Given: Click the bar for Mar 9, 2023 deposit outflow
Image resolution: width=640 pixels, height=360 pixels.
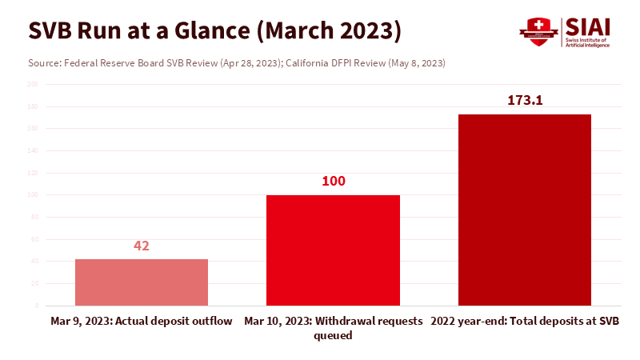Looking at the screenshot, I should tap(142, 282).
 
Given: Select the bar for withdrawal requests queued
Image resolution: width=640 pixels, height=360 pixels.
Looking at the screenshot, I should tap(333, 250).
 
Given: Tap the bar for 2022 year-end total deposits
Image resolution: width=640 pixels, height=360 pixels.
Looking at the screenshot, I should tap(524, 210).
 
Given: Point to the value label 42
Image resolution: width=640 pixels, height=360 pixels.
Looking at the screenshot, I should tap(142, 246).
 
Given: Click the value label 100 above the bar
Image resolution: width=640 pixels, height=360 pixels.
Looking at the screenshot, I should tap(333, 182).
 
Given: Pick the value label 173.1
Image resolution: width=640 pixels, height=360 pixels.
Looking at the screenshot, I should tap(524, 101).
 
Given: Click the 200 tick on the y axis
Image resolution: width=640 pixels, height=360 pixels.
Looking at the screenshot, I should tap(33, 84).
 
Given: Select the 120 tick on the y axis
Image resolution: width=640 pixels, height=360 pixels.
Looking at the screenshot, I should tap(33, 173).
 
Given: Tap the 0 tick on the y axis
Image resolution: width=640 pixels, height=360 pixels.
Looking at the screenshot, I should tap(36, 306).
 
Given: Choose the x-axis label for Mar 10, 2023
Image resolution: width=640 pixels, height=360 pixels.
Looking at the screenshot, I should tap(333, 328).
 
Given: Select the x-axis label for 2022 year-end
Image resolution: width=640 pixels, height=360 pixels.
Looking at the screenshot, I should tap(525, 322).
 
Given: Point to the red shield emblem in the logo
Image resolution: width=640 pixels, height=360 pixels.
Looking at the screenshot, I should tap(538, 31).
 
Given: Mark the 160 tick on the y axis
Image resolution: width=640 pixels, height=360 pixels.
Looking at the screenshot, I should tap(33, 128).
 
